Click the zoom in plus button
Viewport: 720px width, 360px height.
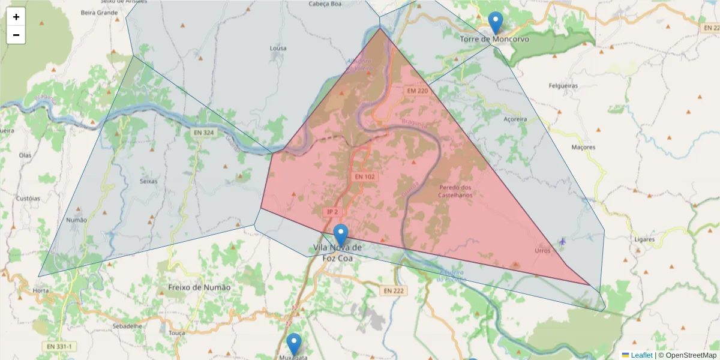(x=16, y=17)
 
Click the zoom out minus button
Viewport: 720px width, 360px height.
(x=16, y=35)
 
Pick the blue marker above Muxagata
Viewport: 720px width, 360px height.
(x=293, y=344)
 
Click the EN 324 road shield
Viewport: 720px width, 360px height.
(x=204, y=131)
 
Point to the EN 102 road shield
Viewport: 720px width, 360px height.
(x=364, y=177)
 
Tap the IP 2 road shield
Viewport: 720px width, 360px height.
(x=332, y=212)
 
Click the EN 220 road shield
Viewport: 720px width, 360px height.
(x=418, y=91)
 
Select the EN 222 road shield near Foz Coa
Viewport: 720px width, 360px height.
(x=394, y=290)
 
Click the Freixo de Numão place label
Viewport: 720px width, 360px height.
(x=199, y=287)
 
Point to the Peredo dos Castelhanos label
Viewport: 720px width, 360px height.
(x=455, y=191)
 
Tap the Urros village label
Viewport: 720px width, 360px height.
(x=542, y=251)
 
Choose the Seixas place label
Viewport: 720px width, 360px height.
(x=148, y=181)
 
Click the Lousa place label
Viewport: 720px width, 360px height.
(x=278, y=48)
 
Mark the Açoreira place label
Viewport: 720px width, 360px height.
(x=515, y=119)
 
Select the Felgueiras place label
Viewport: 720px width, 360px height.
(x=563, y=86)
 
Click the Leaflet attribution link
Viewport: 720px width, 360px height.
(x=641, y=355)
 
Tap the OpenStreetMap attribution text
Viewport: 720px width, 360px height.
(x=687, y=355)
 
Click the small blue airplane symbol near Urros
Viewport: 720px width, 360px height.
(x=562, y=241)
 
